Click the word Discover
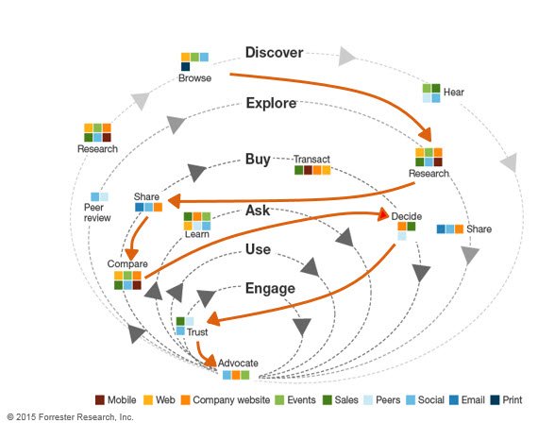point(273,53)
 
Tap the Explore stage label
point(271,103)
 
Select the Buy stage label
point(259,159)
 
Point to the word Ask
point(258,210)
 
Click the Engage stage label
point(270,288)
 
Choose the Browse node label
point(195,78)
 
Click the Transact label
point(311,160)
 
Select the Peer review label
point(97,212)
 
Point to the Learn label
point(197,233)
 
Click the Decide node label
point(406,216)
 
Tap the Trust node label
point(197,332)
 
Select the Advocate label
point(237,364)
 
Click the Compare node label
point(126,263)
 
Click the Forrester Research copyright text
point(70,416)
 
